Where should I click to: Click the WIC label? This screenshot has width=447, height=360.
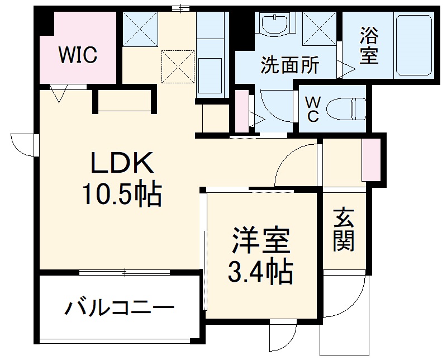[x=78, y=55]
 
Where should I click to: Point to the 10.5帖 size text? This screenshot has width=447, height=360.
[x=122, y=195]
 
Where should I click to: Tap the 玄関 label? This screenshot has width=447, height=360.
[x=344, y=230]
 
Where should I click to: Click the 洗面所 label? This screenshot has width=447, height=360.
[x=291, y=66]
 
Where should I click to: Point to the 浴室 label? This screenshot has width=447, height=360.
[x=368, y=46]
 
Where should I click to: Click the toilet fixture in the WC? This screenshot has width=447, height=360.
[x=346, y=107]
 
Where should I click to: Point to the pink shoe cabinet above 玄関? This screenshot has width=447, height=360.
[x=369, y=159]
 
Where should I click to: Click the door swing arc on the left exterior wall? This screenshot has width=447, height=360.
[x=22, y=144]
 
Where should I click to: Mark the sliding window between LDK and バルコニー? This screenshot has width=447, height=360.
[x=125, y=272]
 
